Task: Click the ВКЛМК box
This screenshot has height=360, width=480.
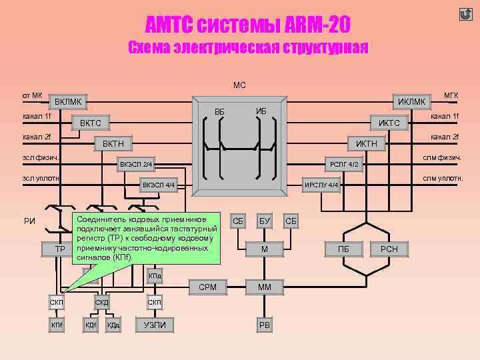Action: (69, 102)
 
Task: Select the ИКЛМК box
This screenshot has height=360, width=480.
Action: (411, 102)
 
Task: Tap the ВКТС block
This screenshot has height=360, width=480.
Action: (91, 123)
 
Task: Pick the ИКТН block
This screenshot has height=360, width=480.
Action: (366, 143)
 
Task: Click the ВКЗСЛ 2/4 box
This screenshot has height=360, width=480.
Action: (136, 164)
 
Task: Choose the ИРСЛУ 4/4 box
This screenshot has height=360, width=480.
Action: (322, 185)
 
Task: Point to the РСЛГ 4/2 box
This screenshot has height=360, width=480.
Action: (344, 164)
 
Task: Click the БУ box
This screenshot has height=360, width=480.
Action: (265, 220)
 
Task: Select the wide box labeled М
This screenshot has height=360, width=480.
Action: (265, 249)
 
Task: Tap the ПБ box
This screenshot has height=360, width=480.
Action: (344, 249)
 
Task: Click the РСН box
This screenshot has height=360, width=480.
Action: (389, 249)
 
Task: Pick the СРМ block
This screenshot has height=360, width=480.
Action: (208, 287)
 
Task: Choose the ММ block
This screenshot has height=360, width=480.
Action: (265, 287)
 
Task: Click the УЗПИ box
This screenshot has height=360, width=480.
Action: (155, 325)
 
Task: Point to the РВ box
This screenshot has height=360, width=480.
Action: (265, 325)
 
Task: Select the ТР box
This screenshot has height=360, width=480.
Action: (59, 249)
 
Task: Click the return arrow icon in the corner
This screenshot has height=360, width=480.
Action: (466, 14)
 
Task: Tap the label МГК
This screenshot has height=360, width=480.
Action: (451, 96)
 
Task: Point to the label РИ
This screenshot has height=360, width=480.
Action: (29, 221)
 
